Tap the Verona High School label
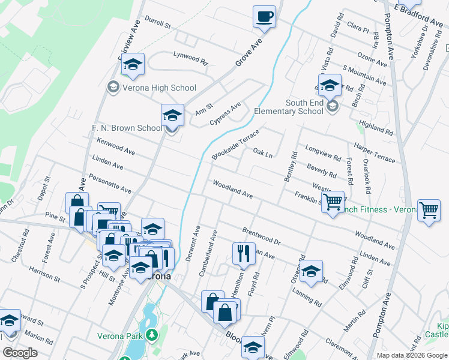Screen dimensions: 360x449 pyautogui.click(x=158, y=88)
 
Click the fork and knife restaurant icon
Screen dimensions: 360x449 pyautogui.click(x=244, y=253)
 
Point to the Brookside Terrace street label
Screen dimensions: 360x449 pyautogui.click(x=235, y=145)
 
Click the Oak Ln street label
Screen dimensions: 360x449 pyautogui.click(x=263, y=154)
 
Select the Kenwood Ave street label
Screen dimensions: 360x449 pyautogui.click(x=115, y=148)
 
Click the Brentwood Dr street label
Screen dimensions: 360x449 pyautogui.click(x=261, y=235)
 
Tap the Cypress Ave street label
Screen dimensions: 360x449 pyautogui.click(x=225, y=113)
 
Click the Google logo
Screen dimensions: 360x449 pyautogui.click(x=20, y=353)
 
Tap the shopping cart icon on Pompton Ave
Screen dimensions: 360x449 pyautogui.click(x=429, y=211)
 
